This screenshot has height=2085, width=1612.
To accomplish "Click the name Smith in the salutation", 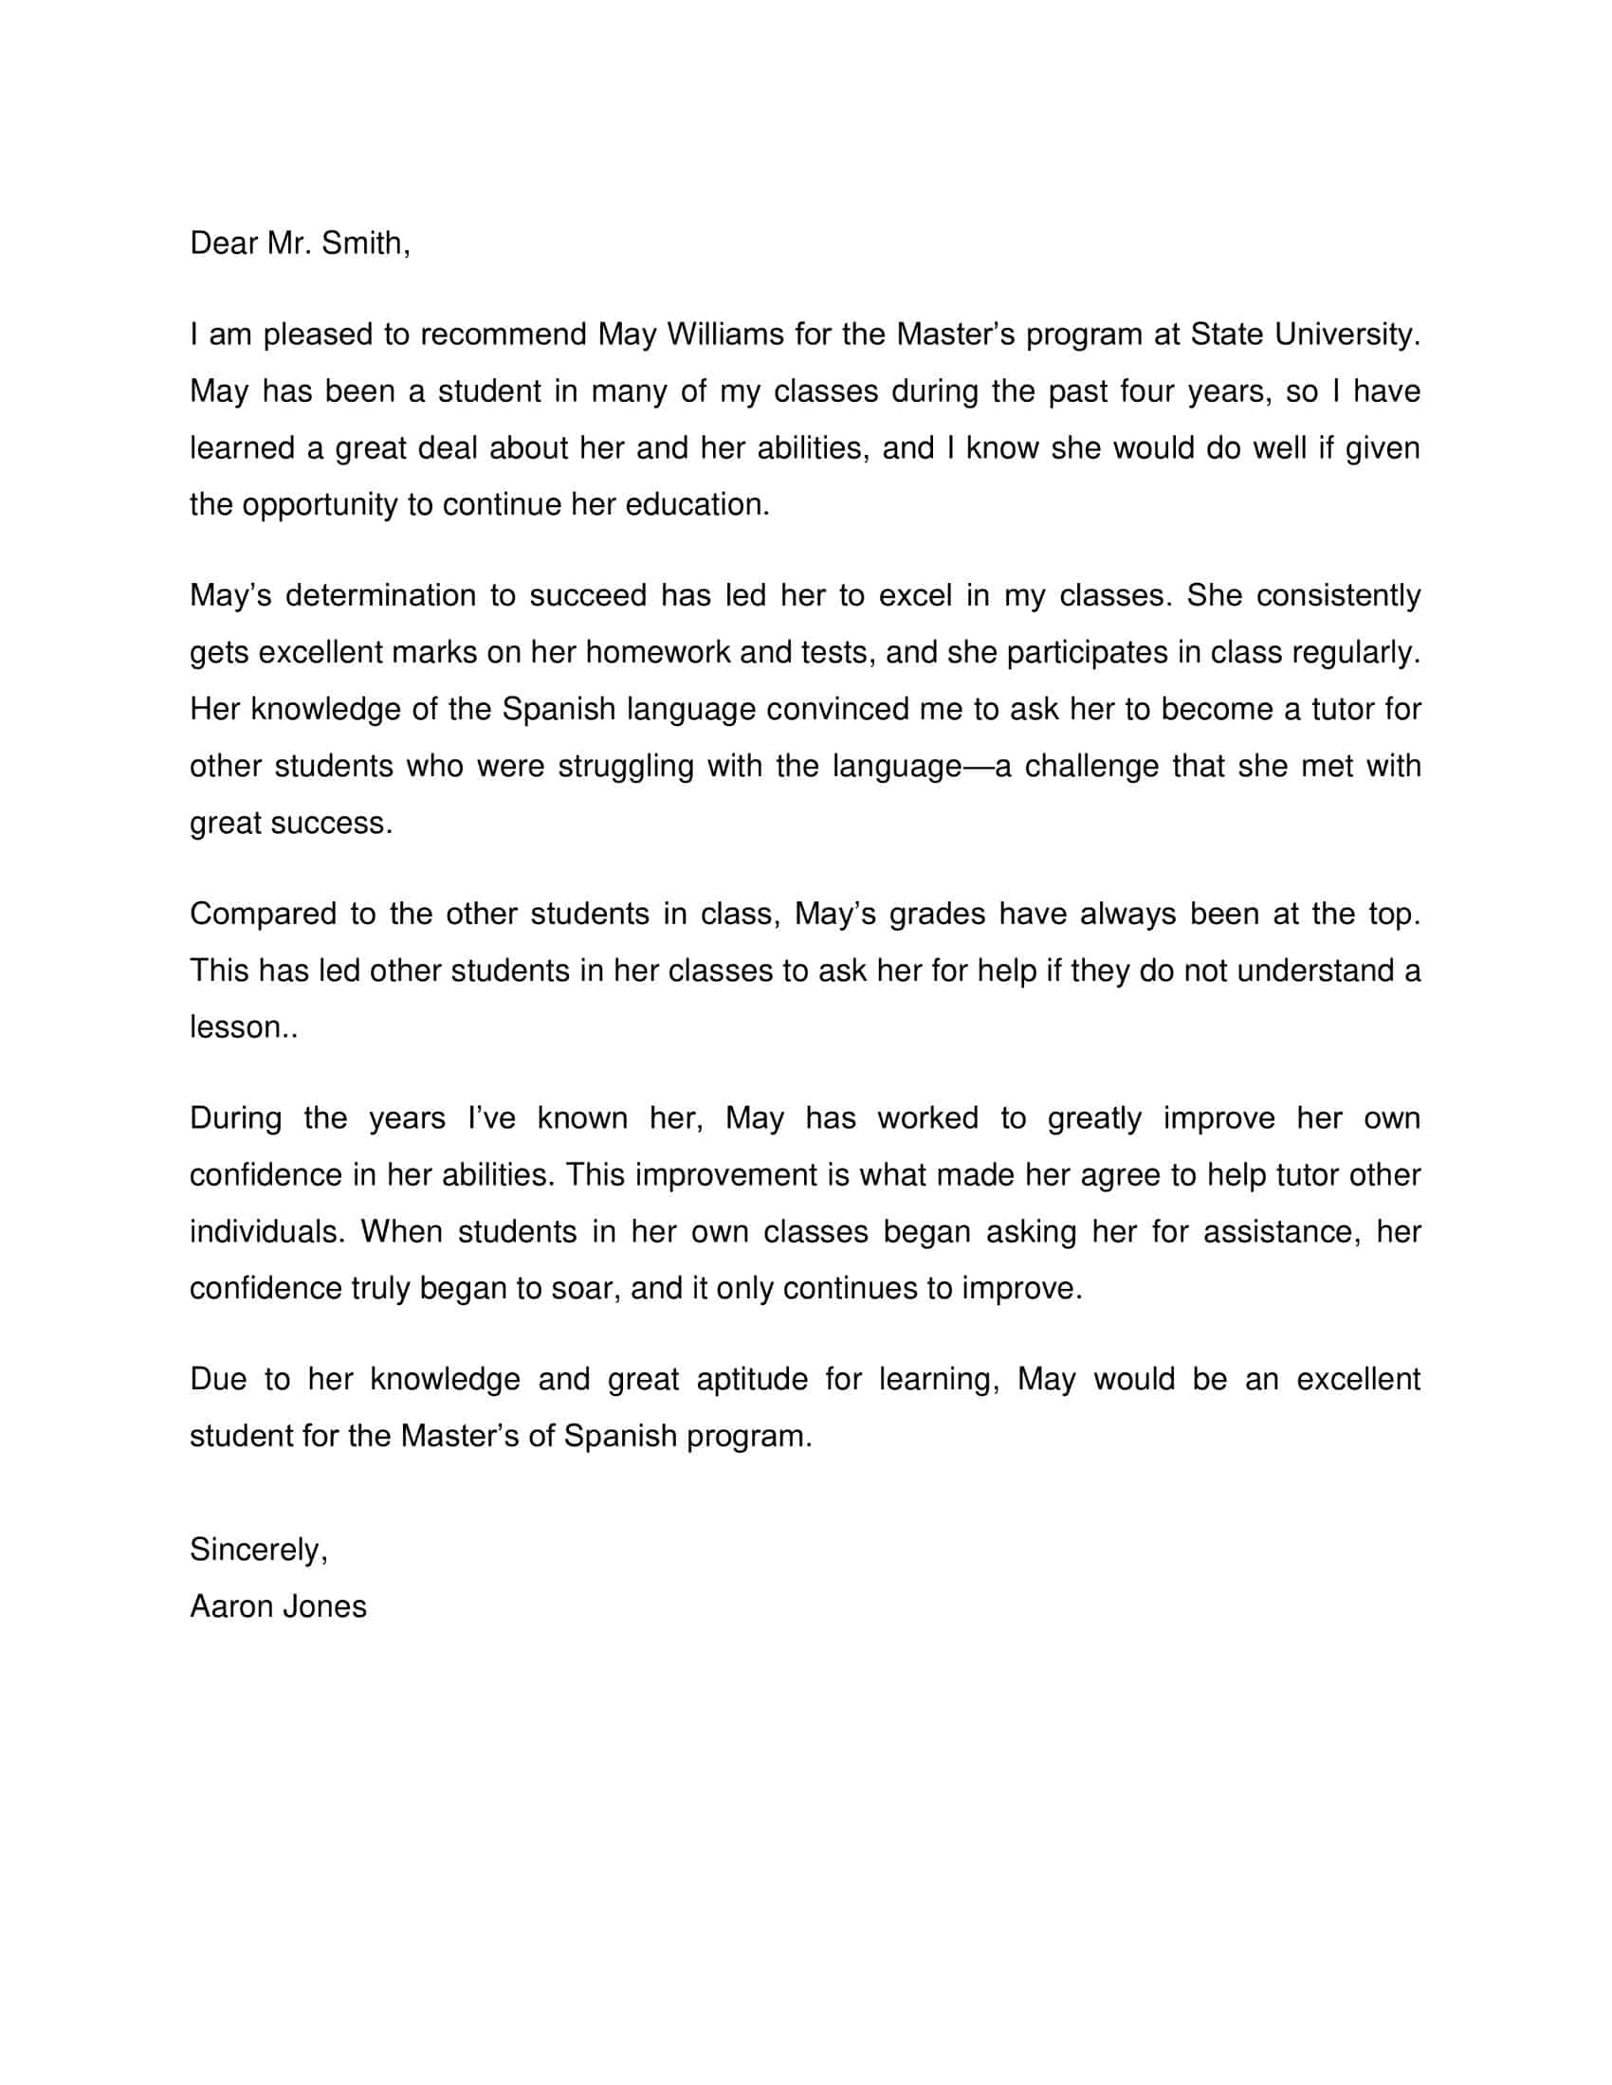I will click(x=364, y=244).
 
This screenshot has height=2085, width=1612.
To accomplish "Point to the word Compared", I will click(x=263, y=914).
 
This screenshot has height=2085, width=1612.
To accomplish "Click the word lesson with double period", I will click(x=244, y=1027).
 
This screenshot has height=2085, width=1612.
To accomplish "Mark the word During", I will click(x=236, y=1118).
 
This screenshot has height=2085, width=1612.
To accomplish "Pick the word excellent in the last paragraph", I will click(x=1357, y=1380).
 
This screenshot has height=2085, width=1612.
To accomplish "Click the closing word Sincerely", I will click(x=258, y=1550).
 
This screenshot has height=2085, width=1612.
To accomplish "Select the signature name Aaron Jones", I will click(x=278, y=1606).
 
